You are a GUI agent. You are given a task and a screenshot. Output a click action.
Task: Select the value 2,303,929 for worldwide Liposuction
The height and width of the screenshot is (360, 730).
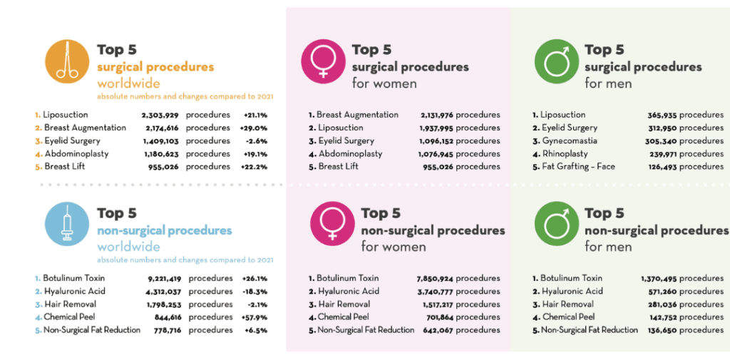click(154, 115)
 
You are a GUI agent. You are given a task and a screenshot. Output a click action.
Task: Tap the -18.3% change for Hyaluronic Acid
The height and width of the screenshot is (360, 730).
click(256, 291)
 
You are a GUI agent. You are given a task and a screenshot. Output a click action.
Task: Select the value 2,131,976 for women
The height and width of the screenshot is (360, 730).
click(427, 115)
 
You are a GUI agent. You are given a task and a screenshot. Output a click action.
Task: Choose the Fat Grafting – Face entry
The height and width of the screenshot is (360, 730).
click(578, 166)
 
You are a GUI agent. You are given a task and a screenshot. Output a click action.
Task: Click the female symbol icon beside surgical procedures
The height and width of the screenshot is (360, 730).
click(323, 62)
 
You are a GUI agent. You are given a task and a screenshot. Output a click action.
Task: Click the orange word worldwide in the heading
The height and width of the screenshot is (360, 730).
click(128, 83)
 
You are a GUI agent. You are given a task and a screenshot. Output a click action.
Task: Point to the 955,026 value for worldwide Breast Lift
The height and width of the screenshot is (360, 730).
click(160, 166)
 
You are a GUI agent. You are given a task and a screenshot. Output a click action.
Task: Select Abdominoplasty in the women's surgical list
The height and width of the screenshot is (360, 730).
click(349, 153)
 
